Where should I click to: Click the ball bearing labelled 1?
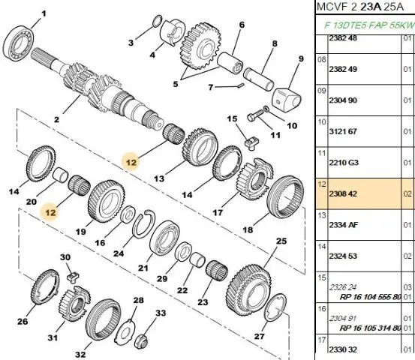(x=19, y=43)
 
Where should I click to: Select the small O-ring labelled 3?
(x=157, y=21)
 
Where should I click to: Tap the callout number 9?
(x=301, y=58)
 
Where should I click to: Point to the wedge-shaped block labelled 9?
(x=287, y=99)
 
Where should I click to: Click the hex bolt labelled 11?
(x=254, y=116)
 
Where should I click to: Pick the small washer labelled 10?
(x=266, y=109)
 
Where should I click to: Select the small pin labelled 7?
(x=241, y=85)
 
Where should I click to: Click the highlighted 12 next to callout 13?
(x=131, y=162)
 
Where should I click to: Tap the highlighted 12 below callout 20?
(x=50, y=212)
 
